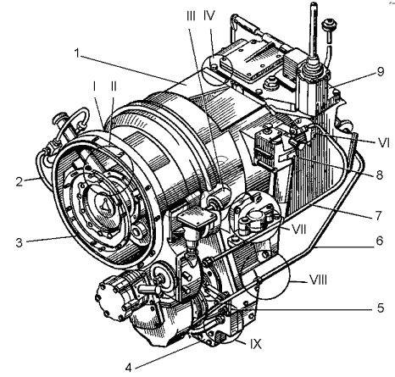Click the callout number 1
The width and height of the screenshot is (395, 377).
77,53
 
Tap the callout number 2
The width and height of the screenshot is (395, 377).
19,181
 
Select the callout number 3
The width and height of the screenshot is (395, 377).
19,242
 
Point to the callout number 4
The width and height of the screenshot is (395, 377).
129,368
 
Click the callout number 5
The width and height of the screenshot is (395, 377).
381,308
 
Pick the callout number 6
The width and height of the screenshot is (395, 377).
379,241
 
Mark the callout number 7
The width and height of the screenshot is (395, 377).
379,216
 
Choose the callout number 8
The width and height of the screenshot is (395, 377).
379,175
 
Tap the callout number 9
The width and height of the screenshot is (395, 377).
381,71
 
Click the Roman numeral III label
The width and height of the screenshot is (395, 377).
191,16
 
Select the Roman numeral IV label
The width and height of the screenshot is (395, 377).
209,16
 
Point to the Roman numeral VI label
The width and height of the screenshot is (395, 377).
383,143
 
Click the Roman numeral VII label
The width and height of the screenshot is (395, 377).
299,230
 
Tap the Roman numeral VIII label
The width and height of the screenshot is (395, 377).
318,280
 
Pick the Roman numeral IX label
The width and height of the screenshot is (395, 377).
256,344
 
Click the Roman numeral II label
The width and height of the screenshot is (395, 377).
114,86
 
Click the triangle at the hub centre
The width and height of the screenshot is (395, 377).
104,204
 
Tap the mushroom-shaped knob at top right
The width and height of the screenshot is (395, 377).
329,24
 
